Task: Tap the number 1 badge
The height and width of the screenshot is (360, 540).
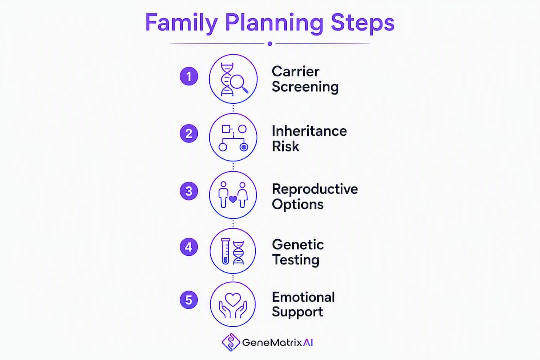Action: coord(189,76)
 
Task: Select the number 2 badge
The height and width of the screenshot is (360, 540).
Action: coord(189,133)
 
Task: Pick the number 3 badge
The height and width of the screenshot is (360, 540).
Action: coord(189,191)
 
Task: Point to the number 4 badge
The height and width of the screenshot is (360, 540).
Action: coord(189,247)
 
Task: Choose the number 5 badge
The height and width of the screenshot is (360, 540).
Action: coord(189,300)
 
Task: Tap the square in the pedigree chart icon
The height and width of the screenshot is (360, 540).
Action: coord(226,129)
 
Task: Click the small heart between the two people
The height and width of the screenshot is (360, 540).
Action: coord(233,199)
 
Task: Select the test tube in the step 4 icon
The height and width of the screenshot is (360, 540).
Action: coord(225,251)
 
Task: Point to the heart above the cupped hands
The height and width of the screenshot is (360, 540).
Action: coord(233,299)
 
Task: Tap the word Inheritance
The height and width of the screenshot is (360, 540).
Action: coord(309,131)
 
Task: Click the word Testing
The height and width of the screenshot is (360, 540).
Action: coord(296,260)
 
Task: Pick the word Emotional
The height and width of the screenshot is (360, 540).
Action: coord(303,297)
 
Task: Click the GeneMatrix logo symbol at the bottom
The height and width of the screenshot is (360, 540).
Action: coord(230,342)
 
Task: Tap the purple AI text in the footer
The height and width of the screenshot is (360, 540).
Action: coord(308,343)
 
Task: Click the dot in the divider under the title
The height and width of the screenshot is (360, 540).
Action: coord(270,44)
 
